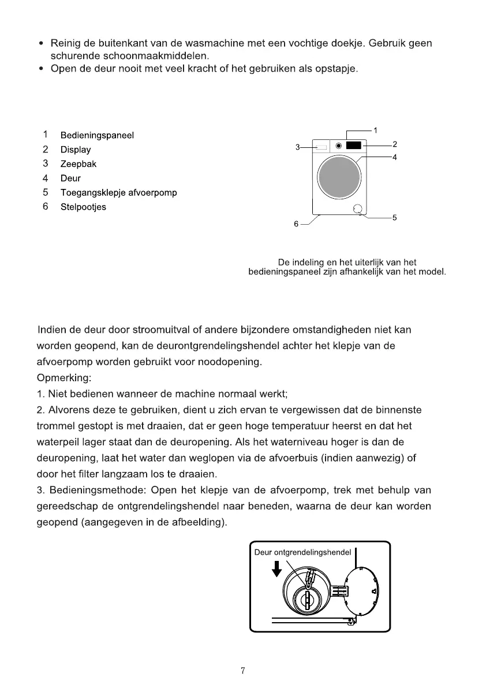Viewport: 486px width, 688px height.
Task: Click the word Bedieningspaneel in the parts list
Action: (x=97, y=136)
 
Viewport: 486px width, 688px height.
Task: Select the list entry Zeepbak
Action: (x=78, y=164)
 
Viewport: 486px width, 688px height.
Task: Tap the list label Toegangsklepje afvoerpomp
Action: (x=118, y=193)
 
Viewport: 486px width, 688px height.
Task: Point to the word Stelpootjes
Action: (x=83, y=207)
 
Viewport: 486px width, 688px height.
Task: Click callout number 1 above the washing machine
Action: (x=375, y=130)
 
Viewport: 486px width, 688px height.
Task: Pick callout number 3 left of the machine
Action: (x=298, y=147)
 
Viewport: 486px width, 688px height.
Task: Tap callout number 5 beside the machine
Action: (x=394, y=218)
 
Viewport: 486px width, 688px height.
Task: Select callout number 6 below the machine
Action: (x=296, y=224)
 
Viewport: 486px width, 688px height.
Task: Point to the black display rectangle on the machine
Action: (x=354, y=147)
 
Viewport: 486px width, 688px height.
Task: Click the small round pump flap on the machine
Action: (x=358, y=210)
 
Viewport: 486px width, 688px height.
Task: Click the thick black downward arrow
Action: (x=277, y=569)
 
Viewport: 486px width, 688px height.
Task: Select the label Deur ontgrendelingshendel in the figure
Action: (x=302, y=553)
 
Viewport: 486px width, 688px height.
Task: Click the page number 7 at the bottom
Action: (x=243, y=671)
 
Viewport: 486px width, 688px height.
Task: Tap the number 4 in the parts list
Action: (x=45, y=178)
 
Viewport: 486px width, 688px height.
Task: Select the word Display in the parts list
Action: (x=76, y=150)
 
